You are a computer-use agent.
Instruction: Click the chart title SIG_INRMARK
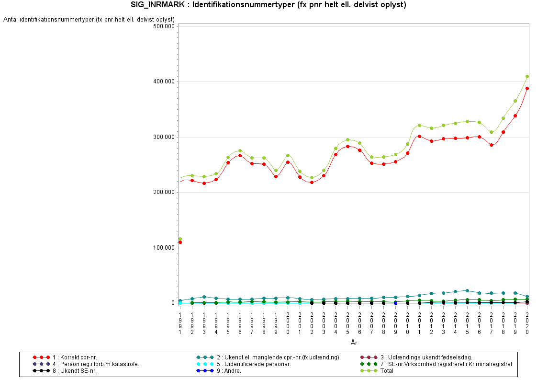(x=268, y=5)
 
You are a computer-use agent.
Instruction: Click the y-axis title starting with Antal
(x=89, y=20)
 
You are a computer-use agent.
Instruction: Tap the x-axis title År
(x=353, y=343)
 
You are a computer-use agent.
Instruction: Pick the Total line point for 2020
(x=527, y=76)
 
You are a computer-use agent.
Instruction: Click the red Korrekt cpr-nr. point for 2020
(x=527, y=88)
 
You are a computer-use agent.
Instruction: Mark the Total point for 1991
(x=180, y=239)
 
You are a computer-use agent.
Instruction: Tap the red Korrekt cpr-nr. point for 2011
(x=419, y=136)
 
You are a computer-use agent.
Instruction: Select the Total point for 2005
(x=347, y=140)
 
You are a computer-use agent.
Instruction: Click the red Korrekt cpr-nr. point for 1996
(x=240, y=155)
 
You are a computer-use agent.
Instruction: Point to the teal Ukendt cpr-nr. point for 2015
(x=467, y=290)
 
